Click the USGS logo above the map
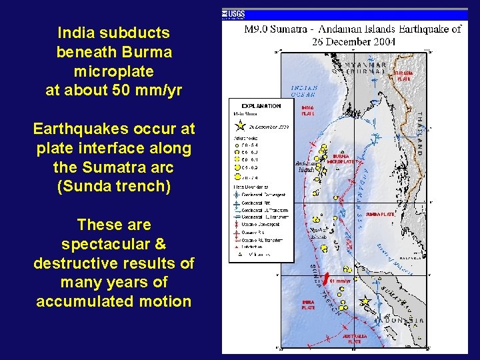tap(235, 13)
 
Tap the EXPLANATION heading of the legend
tap(261, 105)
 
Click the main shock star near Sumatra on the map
tap(364, 301)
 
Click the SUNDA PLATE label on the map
tap(381, 215)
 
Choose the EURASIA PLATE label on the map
tap(403, 75)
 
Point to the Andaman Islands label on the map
tap(307, 167)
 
